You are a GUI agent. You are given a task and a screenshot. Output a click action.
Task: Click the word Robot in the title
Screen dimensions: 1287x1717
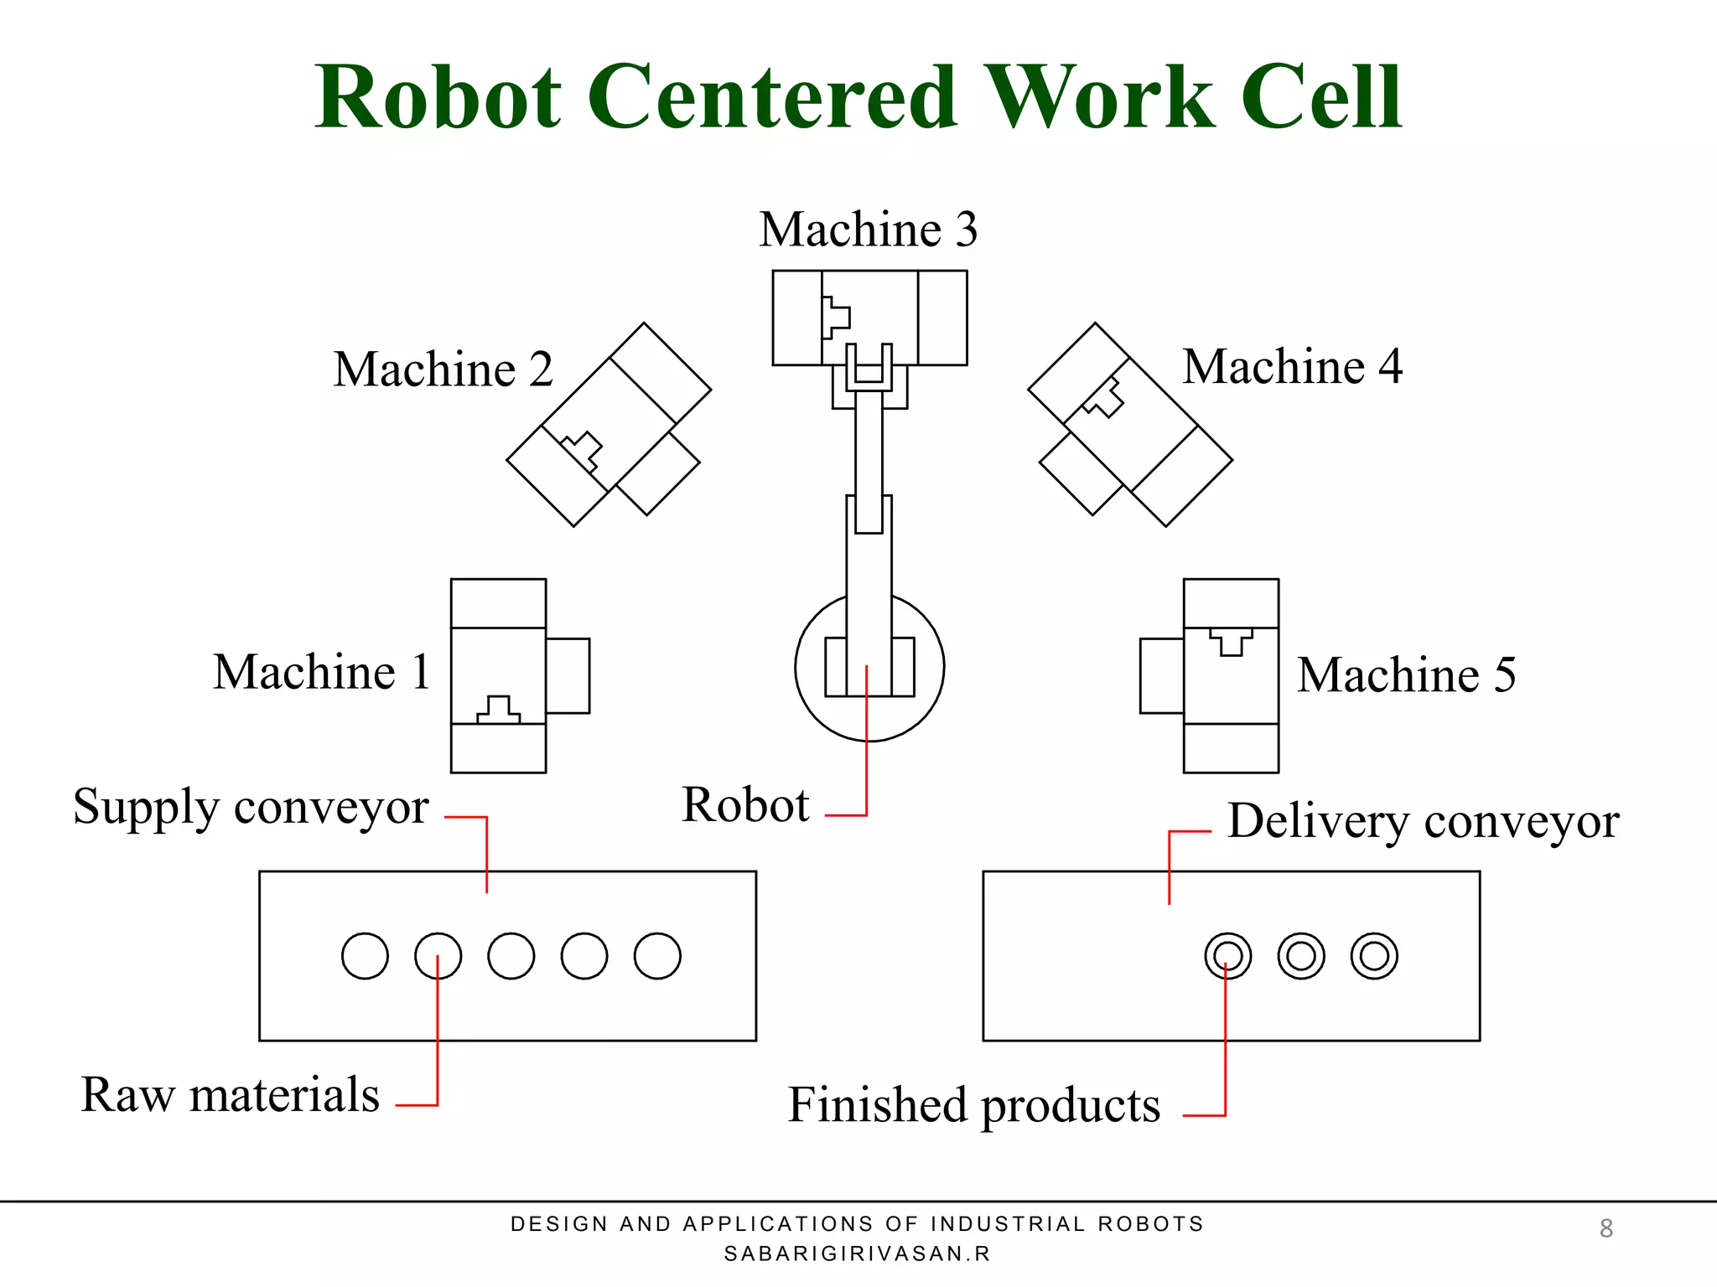point(438,98)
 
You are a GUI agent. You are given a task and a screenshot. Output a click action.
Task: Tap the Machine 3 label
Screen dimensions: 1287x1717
point(868,230)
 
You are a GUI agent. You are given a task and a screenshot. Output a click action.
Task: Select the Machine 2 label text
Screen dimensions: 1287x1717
point(443,370)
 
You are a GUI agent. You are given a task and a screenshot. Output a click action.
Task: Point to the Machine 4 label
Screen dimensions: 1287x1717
point(1292,366)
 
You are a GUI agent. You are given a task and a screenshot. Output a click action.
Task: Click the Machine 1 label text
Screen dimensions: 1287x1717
point(322,672)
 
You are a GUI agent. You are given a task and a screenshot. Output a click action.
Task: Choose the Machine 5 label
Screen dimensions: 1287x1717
point(1406,675)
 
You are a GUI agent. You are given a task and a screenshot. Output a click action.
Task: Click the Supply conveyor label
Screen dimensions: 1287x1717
point(251,808)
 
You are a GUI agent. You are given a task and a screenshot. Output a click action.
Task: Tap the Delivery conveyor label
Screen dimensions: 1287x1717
point(1423,821)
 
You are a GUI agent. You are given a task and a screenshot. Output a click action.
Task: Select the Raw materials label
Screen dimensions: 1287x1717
point(231,1095)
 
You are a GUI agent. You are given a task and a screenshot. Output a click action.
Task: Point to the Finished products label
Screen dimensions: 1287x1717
point(973,1105)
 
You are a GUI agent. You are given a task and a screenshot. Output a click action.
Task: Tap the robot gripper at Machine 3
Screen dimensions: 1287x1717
point(869,369)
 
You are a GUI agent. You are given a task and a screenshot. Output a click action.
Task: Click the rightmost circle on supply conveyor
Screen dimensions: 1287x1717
point(657,956)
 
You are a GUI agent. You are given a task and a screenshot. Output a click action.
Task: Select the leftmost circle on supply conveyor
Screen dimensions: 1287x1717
point(365,956)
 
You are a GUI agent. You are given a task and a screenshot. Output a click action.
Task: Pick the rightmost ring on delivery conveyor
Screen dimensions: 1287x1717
point(1374,956)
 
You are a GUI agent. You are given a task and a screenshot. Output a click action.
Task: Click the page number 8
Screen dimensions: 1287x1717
point(1605,1228)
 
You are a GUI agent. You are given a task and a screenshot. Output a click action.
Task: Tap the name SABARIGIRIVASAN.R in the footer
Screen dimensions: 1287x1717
point(857,1253)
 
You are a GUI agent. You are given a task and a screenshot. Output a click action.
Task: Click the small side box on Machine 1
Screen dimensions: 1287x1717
point(568,676)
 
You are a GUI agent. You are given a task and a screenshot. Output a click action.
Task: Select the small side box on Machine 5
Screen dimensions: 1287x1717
point(1161,676)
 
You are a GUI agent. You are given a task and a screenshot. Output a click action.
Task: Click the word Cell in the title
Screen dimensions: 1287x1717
point(1320,98)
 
